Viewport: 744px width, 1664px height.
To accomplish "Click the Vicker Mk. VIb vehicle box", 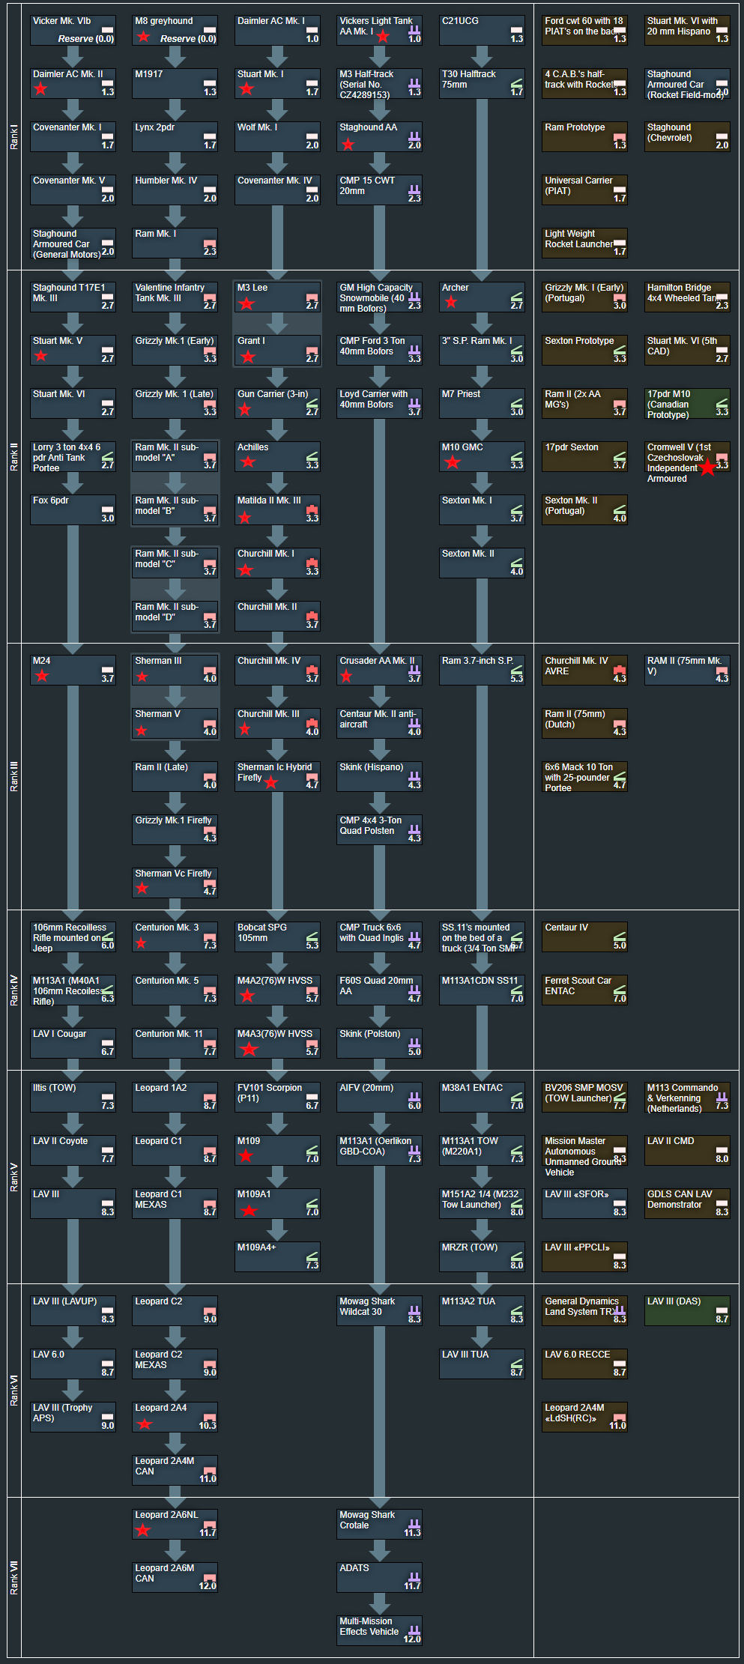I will [73, 30].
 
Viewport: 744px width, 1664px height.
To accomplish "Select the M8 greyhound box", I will [175, 30].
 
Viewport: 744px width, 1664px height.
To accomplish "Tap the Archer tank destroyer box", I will [482, 297].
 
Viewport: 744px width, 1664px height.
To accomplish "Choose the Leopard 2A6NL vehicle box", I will [175, 1524].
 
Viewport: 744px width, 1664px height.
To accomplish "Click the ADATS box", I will [379, 1577].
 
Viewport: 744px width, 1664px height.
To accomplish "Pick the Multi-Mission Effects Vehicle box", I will [379, 1630].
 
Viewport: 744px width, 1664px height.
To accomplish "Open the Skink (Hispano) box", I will [379, 776].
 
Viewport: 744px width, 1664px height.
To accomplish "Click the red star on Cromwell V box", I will [707, 468].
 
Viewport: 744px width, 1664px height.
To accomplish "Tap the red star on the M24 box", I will [42, 676].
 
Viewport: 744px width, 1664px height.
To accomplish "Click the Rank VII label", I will [14, 1578].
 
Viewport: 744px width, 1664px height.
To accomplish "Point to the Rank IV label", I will [14, 989].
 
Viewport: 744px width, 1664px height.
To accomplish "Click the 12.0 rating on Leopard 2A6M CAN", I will [208, 1585].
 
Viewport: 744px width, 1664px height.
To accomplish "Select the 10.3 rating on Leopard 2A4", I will [208, 1425].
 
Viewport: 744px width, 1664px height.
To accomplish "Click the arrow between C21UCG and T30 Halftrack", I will [482, 56].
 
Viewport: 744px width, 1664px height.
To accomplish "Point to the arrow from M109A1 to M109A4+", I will [277, 1229].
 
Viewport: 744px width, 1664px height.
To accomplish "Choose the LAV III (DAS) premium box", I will [686, 1310].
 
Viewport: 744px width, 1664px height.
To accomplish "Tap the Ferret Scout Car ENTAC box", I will [584, 990].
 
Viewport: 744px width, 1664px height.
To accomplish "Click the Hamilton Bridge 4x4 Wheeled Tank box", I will [686, 297].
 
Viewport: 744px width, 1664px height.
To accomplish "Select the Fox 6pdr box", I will [73, 509].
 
